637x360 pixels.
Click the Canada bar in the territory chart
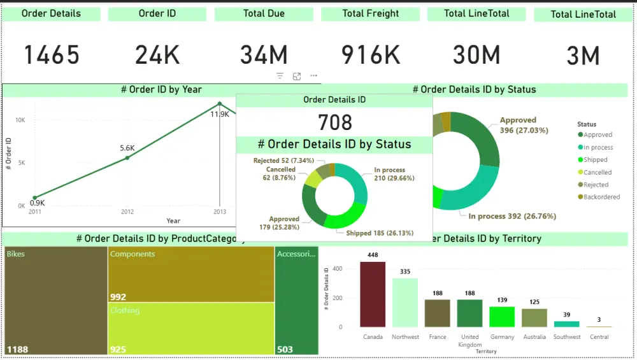373,294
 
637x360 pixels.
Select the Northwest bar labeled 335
404,303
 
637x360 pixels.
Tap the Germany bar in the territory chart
502,317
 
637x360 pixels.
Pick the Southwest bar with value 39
566,324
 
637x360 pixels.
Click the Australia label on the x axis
534,336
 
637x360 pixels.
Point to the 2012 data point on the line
127,157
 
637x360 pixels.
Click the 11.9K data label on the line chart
220,114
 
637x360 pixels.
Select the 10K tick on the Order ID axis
20,120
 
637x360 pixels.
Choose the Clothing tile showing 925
190,328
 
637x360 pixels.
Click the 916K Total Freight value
371,55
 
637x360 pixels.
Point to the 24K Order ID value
157,55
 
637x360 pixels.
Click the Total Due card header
264,13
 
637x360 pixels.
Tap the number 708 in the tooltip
334,122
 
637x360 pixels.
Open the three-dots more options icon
313,76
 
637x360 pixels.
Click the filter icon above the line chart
280,76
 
